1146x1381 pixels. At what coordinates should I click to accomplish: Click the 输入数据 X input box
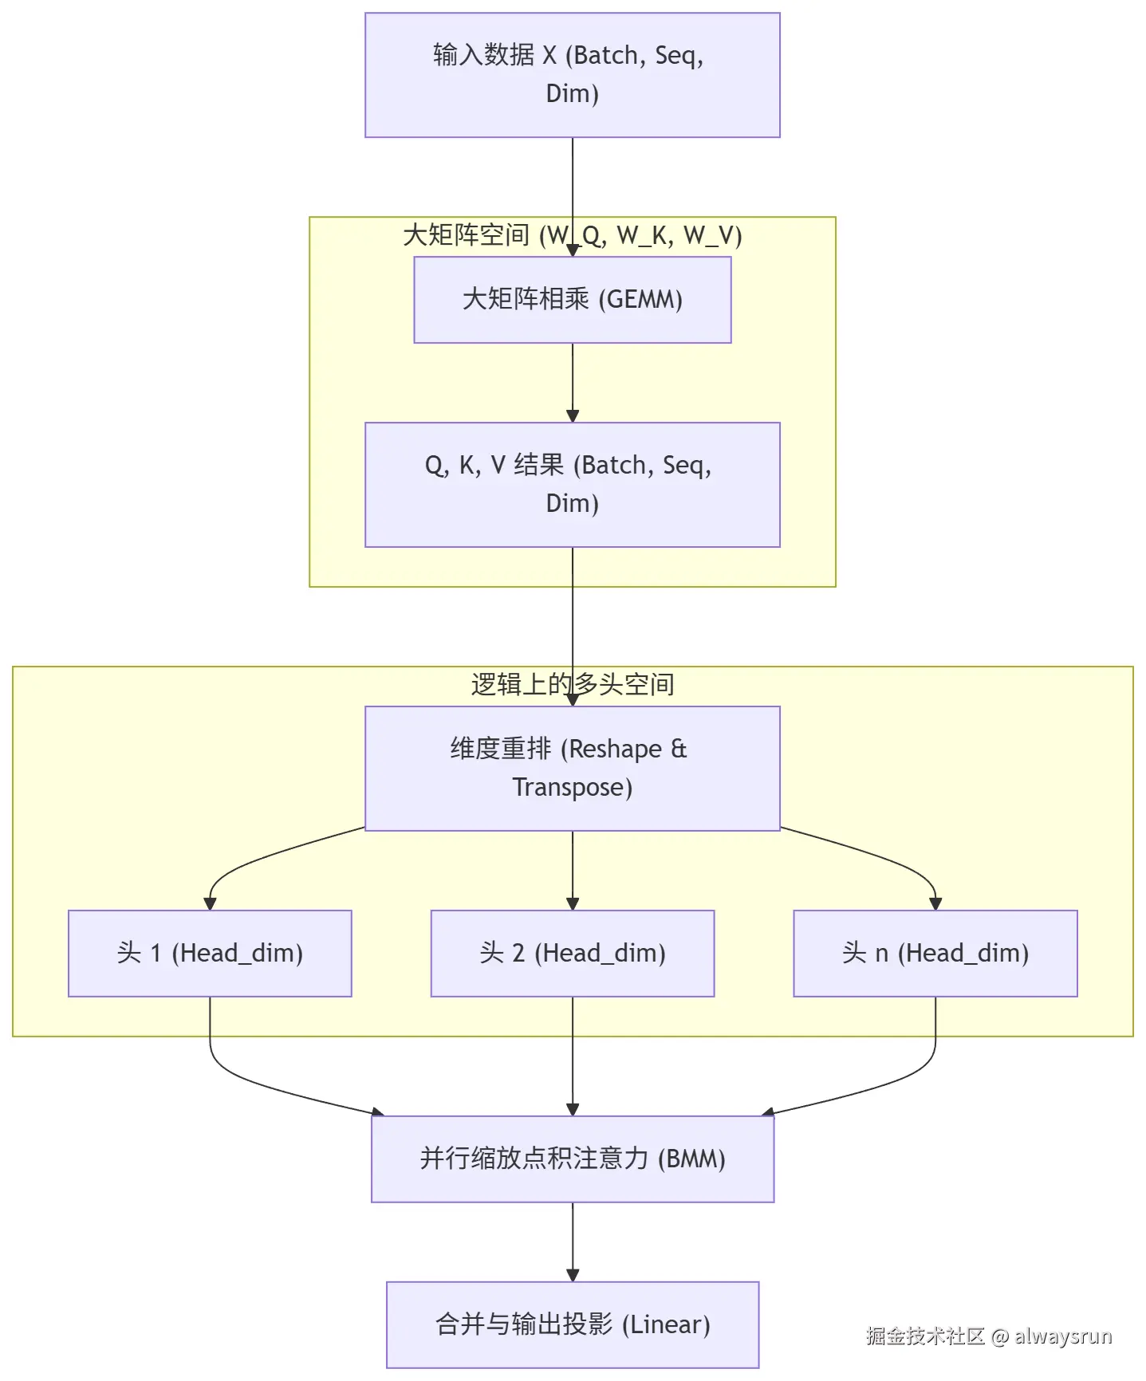pyautogui.click(x=572, y=75)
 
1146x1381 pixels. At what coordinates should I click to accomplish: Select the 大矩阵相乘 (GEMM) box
pyautogui.click(x=572, y=300)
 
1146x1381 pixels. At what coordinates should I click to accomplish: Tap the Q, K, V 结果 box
pyautogui.click(x=572, y=484)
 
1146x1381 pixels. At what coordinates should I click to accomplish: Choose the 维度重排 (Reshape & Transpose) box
pyautogui.click(x=572, y=768)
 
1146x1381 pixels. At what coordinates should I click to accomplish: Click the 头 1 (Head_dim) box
pyautogui.click(x=210, y=953)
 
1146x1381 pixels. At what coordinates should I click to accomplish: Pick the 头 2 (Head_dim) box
pyautogui.click(x=572, y=953)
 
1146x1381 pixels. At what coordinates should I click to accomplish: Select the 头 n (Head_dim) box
pyautogui.click(x=935, y=953)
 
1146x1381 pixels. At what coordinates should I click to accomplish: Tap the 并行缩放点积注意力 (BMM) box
pyautogui.click(x=572, y=1159)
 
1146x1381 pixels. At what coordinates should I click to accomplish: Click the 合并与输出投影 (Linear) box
pyautogui.click(x=572, y=1324)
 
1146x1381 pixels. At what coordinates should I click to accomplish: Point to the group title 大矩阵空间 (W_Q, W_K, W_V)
pyautogui.click(x=572, y=235)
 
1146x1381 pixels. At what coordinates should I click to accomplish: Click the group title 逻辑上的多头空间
pyautogui.click(x=572, y=684)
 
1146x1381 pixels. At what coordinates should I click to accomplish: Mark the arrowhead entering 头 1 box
pyautogui.click(x=210, y=903)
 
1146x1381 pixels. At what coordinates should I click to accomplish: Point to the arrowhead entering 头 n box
pyautogui.click(x=935, y=903)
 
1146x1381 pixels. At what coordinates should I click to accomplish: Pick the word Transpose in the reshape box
pyautogui.click(x=571, y=788)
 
